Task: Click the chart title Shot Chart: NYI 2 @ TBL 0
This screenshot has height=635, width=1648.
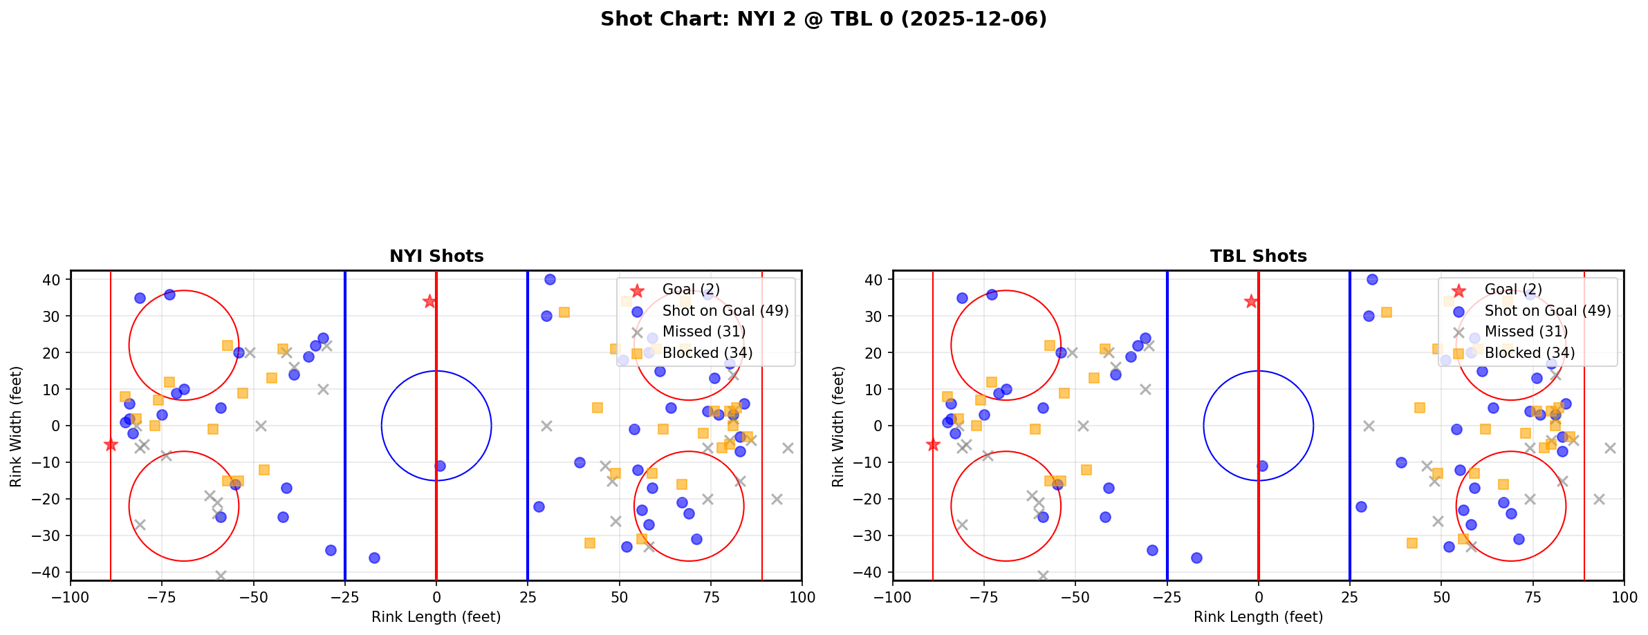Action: [x=823, y=19]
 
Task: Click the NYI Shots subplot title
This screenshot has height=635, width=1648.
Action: [x=436, y=256]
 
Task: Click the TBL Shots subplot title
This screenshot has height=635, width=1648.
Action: [x=1258, y=256]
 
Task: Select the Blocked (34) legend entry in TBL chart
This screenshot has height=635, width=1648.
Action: [x=1529, y=353]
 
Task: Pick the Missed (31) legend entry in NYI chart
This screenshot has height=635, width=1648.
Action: [x=703, y=332]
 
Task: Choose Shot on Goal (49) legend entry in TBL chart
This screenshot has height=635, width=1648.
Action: [x=1547, y=311]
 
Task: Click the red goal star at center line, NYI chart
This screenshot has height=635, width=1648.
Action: [x=429, y=301]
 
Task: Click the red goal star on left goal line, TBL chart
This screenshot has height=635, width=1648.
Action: [x=933, y=444]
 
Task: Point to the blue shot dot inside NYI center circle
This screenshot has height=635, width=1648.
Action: [x=440, y=466]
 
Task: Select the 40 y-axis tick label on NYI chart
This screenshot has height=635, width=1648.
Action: [x=55, y=280]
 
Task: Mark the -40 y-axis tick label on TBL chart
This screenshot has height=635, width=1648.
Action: [x=873, y=572]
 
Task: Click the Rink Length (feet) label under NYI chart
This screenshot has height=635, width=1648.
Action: [x=436, y=617]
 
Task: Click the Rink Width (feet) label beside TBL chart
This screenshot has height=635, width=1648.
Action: [x=838, y=426]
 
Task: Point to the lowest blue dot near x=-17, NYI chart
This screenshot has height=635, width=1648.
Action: [x=374, y=558]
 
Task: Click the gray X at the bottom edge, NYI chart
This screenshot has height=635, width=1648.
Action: [x=221, y=576]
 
